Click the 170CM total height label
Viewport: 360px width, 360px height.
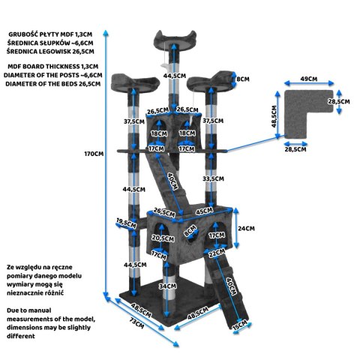[94, 154]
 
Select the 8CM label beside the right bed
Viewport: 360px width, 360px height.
[243, 79]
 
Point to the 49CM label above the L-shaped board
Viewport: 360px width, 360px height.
[309, 79]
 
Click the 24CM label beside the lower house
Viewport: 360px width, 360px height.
[246, 228]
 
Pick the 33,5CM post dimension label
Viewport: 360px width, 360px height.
[213, 178]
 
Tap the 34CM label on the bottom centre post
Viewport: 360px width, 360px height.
[168, 286]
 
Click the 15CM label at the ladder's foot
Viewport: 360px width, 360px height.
[240, 325]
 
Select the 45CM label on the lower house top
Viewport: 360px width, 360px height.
[205, 211]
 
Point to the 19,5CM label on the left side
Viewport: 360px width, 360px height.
[126, 223]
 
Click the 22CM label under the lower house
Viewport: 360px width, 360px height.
[217, 253]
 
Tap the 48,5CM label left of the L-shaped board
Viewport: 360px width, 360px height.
[274, 116]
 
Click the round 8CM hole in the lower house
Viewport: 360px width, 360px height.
[193, 236]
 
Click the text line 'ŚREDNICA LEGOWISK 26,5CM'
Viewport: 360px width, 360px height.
[50, 52]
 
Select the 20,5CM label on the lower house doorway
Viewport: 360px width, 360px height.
[163, 238]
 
